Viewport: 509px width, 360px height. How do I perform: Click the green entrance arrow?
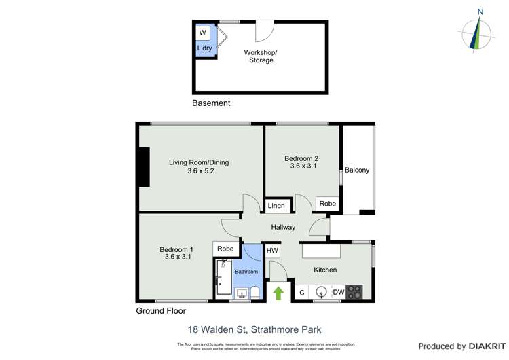pos(278,293)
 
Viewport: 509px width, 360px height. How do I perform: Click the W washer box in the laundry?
pos(203,33)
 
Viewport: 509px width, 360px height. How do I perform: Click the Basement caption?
pos(211,103)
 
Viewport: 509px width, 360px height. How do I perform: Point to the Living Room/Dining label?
pos(199,166)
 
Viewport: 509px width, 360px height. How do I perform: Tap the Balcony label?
pos(357,170)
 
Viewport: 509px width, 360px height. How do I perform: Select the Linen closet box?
pos(276,206)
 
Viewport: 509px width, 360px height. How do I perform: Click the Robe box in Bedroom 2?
pos(327,204)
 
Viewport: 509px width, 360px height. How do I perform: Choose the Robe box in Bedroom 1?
pos(226,249)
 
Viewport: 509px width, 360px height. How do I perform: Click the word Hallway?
pos(283,227)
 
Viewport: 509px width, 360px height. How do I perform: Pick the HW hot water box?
pos(272,250)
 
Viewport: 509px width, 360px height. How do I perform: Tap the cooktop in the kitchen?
pos(354,292)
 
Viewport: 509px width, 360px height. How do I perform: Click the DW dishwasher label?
pos(338,292)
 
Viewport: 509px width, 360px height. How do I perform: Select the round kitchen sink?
pos(321,292)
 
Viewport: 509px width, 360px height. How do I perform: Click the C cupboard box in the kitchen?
pos(301,292)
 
